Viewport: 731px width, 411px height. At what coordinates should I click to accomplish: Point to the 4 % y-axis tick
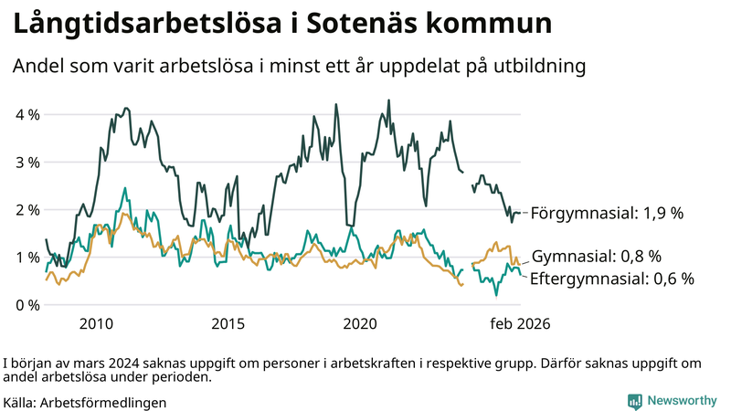(26, 115)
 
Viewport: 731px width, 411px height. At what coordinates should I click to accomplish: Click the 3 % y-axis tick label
(26, 163)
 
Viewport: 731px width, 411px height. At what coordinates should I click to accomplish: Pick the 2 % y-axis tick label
(26, 210)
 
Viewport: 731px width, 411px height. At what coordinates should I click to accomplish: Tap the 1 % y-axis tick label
(26, 258)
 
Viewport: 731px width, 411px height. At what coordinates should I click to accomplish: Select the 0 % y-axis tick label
(26, 305)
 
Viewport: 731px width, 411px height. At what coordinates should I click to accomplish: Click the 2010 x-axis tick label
(96, 324)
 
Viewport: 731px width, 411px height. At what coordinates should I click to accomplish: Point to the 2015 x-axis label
(228, 324)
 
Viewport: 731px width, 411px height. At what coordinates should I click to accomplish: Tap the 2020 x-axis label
(360, 324)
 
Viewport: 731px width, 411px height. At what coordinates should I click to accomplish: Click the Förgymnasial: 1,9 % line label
(607, 213)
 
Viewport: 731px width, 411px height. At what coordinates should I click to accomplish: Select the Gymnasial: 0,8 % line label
(596, 257)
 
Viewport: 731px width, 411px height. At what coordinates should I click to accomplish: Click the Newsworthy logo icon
(634, 401)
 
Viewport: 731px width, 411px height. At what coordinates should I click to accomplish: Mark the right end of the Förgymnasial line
(520, 213)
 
